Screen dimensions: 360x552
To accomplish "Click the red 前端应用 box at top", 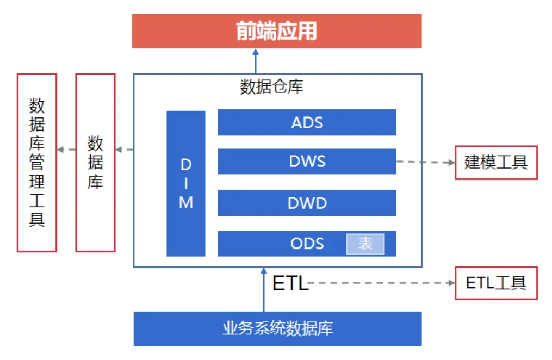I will click(x=277, y=31).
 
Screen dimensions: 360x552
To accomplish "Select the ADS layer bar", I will click(x=307, y=122).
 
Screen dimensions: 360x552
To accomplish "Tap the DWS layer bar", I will click(x=307, y=161).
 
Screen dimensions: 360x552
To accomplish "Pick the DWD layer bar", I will click(x=307, y=203).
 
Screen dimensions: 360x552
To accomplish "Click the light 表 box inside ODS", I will click(x=365, y=244).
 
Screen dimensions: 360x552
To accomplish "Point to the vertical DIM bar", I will click(x=186, y=183).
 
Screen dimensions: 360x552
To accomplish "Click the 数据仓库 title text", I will click(x=271, y=87).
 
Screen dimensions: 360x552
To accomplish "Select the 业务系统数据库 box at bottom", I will click(x=277, y=328).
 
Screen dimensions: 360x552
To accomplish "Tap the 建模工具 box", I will click(x=496, y=162).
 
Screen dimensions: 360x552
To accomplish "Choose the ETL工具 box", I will click(x=496, y=283).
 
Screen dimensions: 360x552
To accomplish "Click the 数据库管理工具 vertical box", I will click(x=37, y=162).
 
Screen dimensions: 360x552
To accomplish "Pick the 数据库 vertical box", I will click(x=95, y=162).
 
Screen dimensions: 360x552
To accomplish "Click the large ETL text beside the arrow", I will click(x=290, y=283).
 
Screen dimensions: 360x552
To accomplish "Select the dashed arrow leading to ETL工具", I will click(x=381, y=283).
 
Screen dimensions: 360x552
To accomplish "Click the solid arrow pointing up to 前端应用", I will click(x=255, y=60).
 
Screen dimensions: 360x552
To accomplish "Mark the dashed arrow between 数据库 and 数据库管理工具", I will click(x=66, y=150).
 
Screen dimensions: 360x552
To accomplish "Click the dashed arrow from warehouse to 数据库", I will click(x=124, y=150).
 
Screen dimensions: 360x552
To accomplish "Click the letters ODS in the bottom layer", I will click(x=307, y=244).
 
